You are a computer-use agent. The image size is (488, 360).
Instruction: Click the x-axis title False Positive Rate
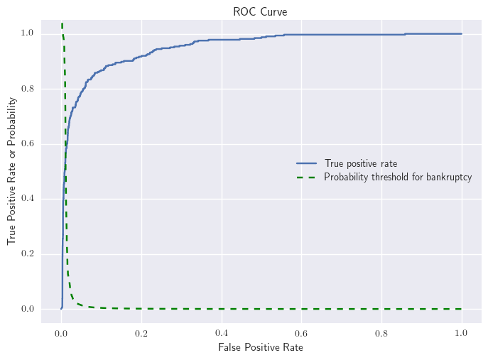coord(261,347)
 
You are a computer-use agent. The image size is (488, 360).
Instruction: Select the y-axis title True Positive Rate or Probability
coord(12,170)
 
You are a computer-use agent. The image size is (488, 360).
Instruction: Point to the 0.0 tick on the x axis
coord(62,331)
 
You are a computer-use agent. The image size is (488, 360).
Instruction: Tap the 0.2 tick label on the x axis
coord(141,331)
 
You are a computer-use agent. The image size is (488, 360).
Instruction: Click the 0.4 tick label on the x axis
coord(222,331)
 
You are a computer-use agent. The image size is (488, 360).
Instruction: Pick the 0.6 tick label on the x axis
coord(301,331)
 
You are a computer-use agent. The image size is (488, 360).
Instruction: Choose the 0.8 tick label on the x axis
coord(381,331)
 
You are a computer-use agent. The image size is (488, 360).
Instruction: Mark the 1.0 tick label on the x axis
coord(461,331)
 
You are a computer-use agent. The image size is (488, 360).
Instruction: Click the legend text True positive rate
coord(360,163)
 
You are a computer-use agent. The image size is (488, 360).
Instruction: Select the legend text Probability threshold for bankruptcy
coord(398,177)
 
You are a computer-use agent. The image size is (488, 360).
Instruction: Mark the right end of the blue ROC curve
coord(461,33)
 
